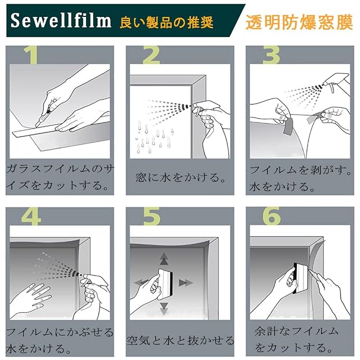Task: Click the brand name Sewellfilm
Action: click(x=61, y=20)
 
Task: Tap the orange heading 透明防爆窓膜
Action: click(x=299, y=22)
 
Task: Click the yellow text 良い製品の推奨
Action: click(x=166, y=22)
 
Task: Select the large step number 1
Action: click(x=31, y=55)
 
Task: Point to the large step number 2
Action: click(x=151, y=55)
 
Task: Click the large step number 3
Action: click(x=271, y=55)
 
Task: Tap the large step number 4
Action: click(x=31, y=217)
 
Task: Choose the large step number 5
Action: click(x=152, y=217)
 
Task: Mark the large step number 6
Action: click(x=272, y=216)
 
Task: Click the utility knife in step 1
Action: click(x=45, y=114)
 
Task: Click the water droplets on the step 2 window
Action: click(x=154, y=138)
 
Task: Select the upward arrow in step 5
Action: click(x=164, y=259)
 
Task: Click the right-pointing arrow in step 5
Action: click(x=186, y=282)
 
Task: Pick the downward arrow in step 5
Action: click(x=164, y=308)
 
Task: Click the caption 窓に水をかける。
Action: click(x=180, y=178)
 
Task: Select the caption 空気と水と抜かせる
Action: click(x=180, y=340)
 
